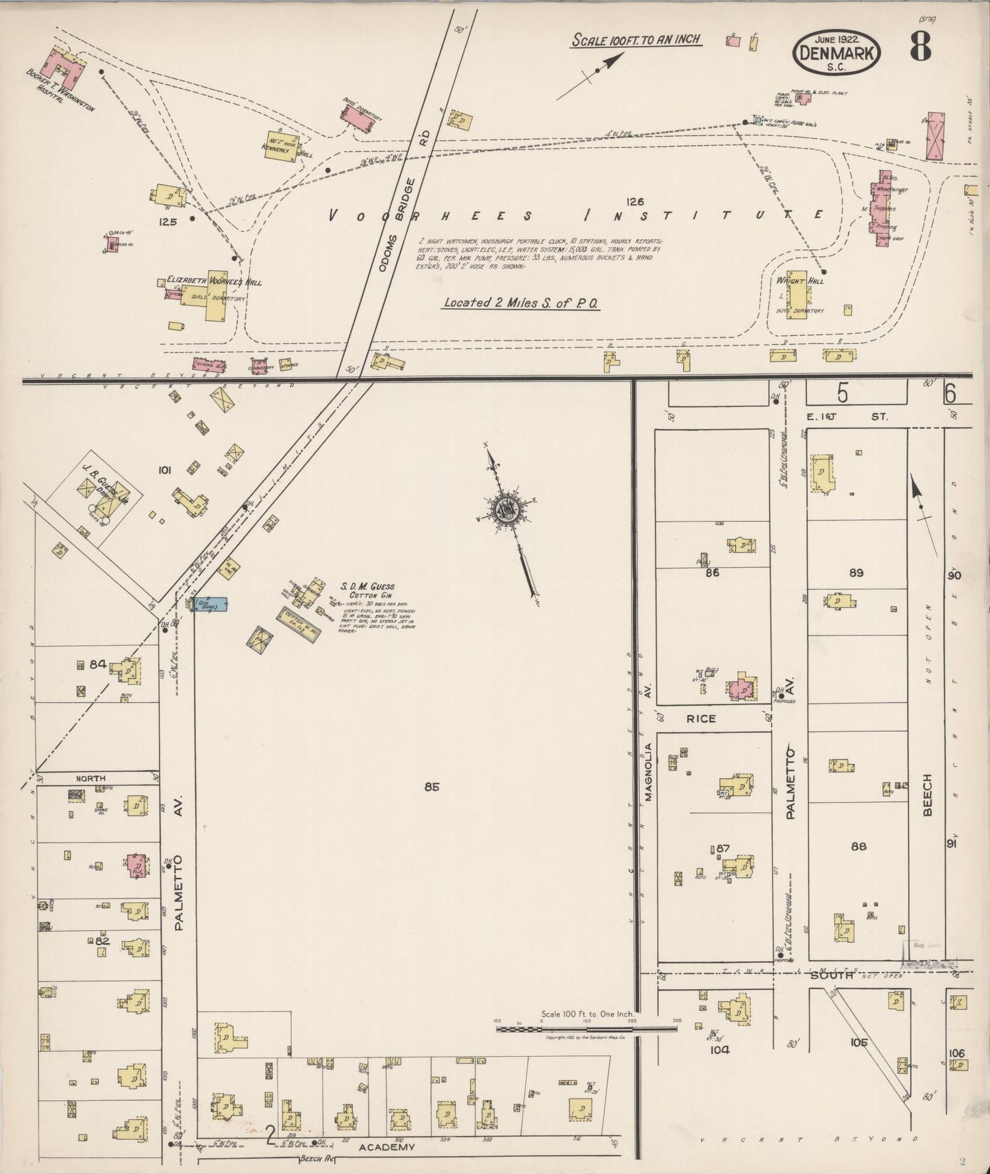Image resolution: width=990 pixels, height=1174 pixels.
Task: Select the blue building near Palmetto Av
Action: tap(210, 605)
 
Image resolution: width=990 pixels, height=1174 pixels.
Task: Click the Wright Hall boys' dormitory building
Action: tap(796, 294)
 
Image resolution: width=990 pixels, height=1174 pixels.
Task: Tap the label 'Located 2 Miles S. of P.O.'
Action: tap(521, 303)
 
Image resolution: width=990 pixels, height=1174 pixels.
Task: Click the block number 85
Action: tap(431, 787)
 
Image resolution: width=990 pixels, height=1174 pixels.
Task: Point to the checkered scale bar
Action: tap(586, 1028)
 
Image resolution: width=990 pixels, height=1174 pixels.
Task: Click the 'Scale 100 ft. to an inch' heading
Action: tap(636, 39)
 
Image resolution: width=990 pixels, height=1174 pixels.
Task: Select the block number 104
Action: tap(719, 1049)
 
